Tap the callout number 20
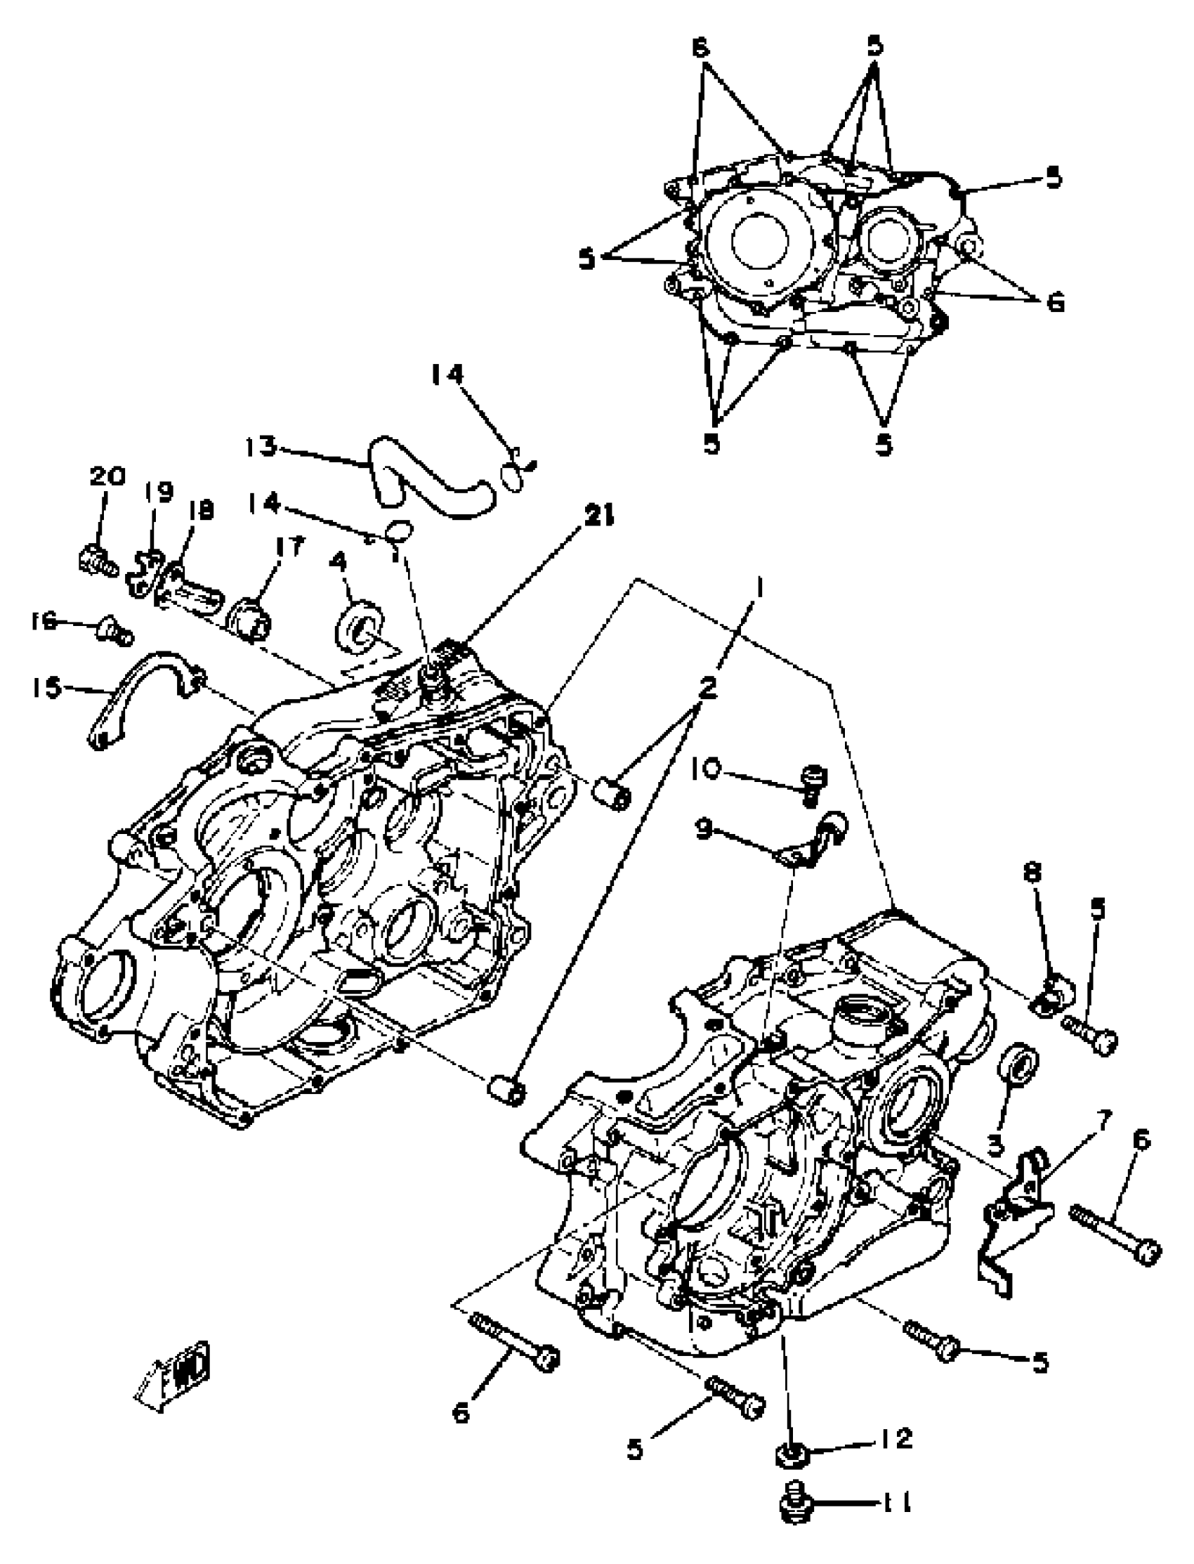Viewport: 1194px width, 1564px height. coord(107,476)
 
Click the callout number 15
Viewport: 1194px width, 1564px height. coord(47,687)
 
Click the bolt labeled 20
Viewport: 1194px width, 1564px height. coord(96,561)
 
